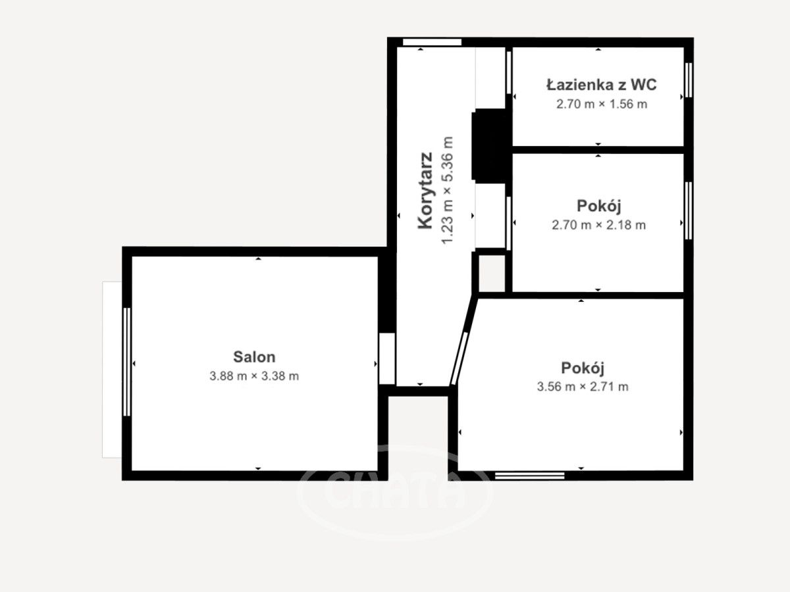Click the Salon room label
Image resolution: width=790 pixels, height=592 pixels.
tap(254, 357)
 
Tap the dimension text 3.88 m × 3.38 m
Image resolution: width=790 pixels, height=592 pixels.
tap(254, 376)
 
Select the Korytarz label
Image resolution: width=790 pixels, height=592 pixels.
tap(425, 190)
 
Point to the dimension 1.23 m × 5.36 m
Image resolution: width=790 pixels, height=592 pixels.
tap(447, 190)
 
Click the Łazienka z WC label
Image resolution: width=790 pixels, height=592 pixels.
tap(602, 85)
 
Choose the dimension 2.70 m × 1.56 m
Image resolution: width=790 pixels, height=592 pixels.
tap(602, 104)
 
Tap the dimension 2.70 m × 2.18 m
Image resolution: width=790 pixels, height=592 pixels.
tap(598, 225)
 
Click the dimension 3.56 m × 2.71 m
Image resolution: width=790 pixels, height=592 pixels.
tap(583, 387)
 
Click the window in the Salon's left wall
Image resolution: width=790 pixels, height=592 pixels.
tap(126, 362)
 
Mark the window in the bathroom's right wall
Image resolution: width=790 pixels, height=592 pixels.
tap(688, 80)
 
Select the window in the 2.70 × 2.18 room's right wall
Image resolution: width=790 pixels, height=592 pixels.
tap(688, 210)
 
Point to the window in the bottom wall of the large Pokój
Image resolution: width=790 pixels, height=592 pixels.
tap(530, 476)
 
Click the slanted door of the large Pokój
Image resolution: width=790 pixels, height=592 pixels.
tap(460, 358)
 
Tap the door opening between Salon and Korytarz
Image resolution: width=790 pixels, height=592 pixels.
tap(387, 358)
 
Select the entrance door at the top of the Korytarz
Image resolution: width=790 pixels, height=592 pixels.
tap(432, 42)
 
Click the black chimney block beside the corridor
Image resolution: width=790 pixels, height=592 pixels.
tap(492, 146)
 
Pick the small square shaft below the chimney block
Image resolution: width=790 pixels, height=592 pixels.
tap(492, 273)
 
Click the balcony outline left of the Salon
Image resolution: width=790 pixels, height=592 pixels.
tap(112, 370)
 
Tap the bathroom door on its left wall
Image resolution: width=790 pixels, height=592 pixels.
tap(509, 73)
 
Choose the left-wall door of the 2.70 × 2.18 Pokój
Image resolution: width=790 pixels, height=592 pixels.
tap(509, 223)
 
